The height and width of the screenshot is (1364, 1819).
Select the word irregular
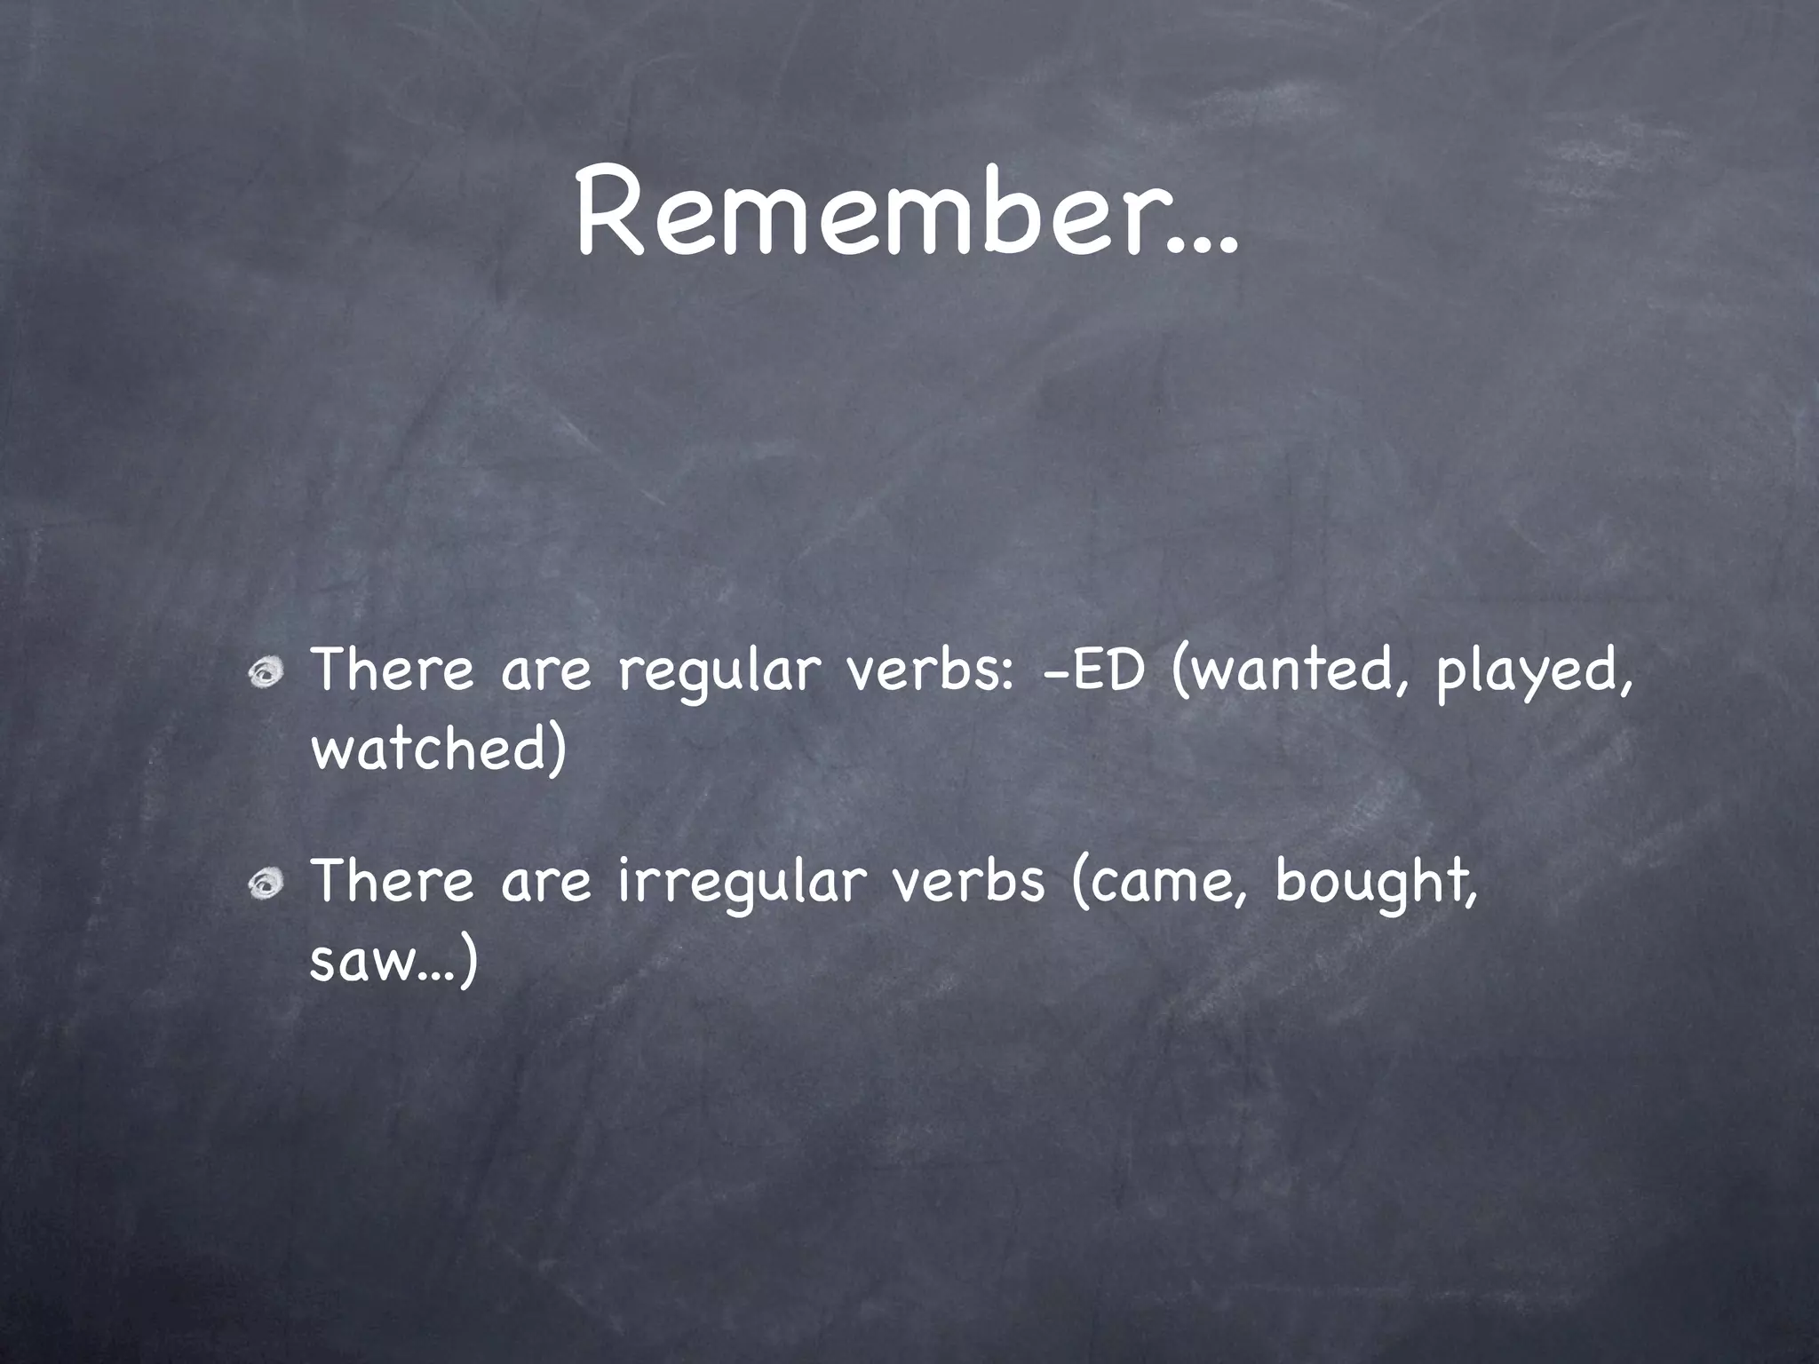741,883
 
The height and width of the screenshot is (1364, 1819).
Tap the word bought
1373,883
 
